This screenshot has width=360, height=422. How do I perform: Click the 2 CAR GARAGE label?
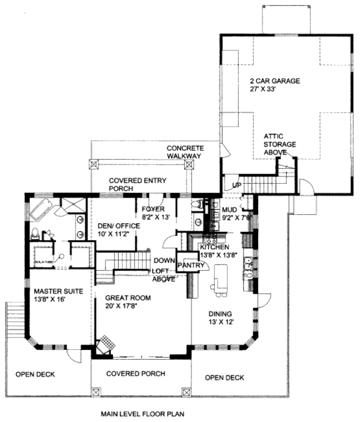click(275, 80)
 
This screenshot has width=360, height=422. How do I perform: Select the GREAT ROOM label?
click(127, 298)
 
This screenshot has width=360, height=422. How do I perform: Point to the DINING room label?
click(221, 313)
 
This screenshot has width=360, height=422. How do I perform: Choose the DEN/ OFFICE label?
click(118, 226)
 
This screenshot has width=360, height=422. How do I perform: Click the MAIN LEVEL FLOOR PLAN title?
click(142, 414)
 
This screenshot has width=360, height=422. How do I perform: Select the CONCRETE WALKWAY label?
click(184, 152)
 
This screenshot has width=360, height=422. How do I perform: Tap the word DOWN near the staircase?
click(164, 261)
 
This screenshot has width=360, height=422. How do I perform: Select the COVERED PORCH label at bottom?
click(136, 373)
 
